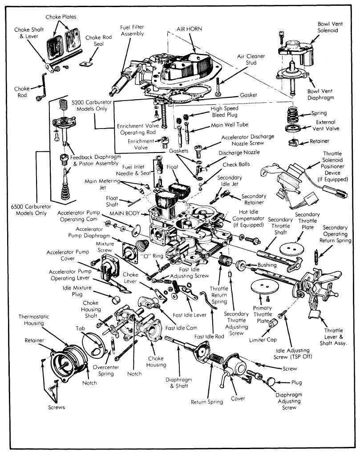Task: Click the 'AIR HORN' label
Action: point(189,29)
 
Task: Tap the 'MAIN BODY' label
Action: point(125,213)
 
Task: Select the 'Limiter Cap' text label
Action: point(263,340)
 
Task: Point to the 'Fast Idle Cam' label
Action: point(181,328)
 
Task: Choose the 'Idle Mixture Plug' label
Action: point(77,291)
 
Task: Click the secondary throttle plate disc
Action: point(292,248)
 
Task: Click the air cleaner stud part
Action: point(218,87)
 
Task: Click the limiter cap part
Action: point(273,323)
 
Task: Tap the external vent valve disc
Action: point(293,128)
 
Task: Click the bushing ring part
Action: point(241,265)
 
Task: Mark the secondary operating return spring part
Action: point(316,257)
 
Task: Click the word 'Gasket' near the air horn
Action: point(248,95)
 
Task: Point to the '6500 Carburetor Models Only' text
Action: point(31,210)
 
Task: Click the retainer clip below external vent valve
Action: point(294,142)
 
